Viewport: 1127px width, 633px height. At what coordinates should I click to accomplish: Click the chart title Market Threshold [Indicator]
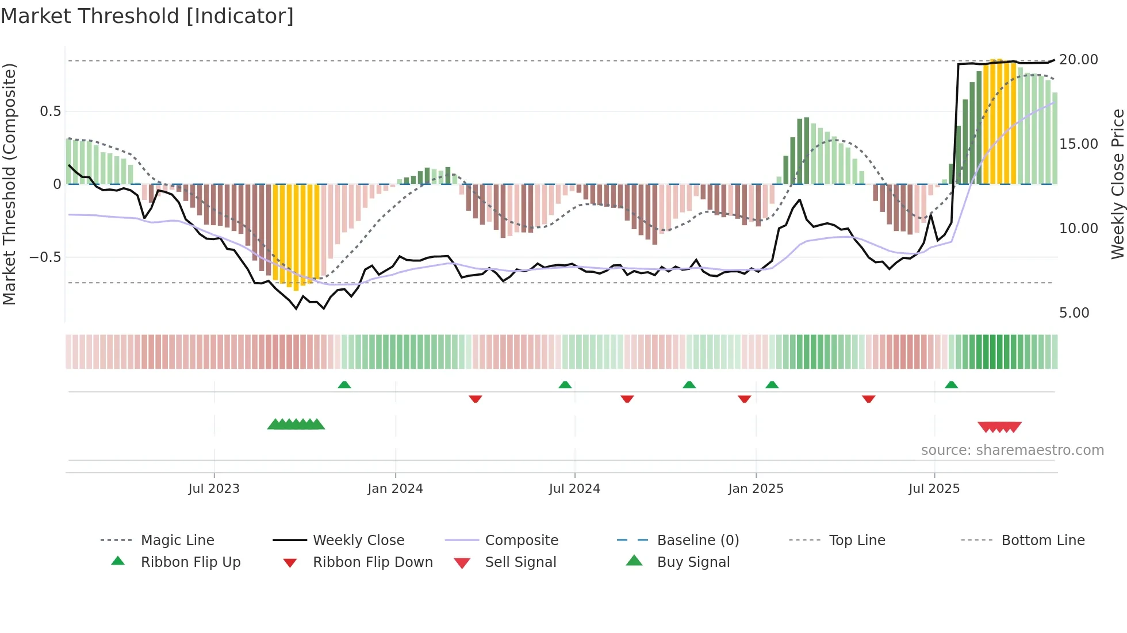147,16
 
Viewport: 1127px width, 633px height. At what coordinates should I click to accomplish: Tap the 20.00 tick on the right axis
1078,60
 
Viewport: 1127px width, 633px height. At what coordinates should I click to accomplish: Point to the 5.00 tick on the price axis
1074,313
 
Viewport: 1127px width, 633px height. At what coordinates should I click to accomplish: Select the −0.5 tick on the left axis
45,257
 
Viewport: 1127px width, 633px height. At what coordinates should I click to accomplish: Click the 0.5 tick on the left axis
50,111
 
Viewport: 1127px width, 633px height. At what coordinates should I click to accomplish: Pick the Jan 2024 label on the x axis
395,489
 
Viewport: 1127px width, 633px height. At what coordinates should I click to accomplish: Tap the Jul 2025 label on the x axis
934,489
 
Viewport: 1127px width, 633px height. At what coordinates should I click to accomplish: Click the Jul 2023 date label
214,489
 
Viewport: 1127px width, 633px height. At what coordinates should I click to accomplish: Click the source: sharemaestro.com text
1012,450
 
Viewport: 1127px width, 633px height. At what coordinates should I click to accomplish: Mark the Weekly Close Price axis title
1117,184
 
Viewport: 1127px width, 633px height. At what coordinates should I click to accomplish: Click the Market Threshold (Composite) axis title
9,184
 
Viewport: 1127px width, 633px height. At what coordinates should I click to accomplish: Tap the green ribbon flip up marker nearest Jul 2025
951,385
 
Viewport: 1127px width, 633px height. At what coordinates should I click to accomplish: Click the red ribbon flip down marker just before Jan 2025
744,399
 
